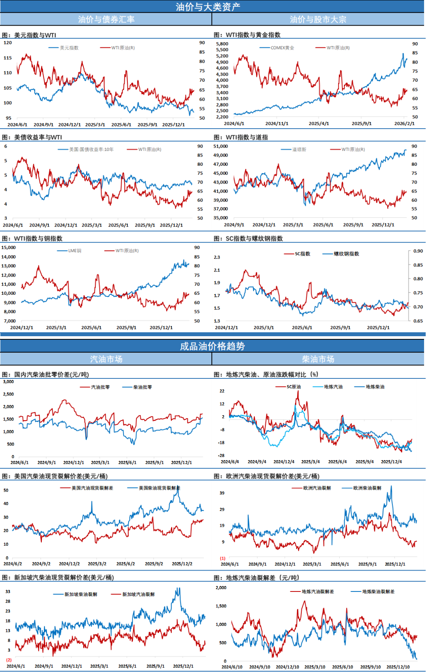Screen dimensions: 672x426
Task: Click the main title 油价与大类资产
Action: click(x=208, y=7)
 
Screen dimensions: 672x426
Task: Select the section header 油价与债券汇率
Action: click(x=106, y=19)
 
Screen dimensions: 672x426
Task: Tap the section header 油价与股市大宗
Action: click(x=318, y=19)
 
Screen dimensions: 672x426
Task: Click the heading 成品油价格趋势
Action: click(x=212, y=346)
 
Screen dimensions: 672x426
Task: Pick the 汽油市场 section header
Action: click(x=106, y=359)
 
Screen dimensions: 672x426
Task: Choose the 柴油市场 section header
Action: click(x=318, y=359)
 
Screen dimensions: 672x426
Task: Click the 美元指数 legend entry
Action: click(x=69, y=48)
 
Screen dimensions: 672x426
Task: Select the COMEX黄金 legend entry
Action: click(x=282, y=48)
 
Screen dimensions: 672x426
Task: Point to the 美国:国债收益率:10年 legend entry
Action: click(x=91, y=150)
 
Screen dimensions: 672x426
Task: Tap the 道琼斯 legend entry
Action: click(x=299, y=150)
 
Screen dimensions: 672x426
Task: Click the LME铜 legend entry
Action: click(x=75, y=251)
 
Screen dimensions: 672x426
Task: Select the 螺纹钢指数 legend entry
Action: click(x=346, y=254)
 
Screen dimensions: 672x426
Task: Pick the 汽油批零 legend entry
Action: click(x=100, y=387)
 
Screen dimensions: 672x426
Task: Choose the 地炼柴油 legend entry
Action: click(x=375, y=387)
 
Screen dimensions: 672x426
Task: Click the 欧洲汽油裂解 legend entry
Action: click(x=317, y=488)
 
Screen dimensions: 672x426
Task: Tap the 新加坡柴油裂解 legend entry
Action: click(x=80, y=594)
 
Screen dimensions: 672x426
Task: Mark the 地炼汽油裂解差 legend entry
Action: click(x=318, y=592)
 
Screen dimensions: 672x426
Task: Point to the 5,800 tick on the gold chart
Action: click(x=222, y=44)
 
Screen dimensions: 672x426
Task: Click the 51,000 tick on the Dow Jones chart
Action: click(x=220, y=146)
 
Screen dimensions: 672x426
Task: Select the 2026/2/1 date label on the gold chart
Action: click(x=404, y=124)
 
